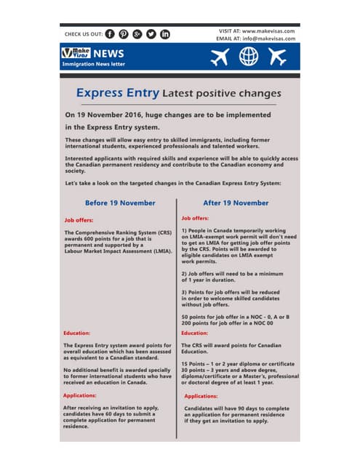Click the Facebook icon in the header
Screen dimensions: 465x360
(110, 33)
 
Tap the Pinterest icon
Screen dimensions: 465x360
(124, 33)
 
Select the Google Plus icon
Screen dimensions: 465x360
(137, 33)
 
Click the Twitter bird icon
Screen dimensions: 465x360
(151, 33)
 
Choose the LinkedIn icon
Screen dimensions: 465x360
(165, 33)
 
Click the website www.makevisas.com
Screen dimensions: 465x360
(268, 31)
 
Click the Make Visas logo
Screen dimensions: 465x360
(75, 53)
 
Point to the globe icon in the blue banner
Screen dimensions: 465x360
(249, 57)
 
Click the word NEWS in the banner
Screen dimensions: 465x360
(108, 53)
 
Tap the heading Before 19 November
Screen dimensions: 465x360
(120, 203)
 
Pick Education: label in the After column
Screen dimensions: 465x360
(196, 333)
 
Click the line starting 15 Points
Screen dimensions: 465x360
(239, 363)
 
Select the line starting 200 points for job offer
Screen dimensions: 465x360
(234, 323)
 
